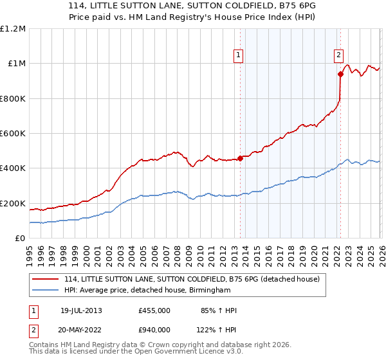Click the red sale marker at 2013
click(240, 158)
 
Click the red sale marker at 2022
click(340, 74)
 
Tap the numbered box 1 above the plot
click(238, 55)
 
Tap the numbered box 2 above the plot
click(338, 55)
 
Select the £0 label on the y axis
click(20, 239)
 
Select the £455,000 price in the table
click(154, 310)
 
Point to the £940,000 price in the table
click(154, 329)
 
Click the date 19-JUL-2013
click(81, 310)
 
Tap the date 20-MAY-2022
click(81, 329)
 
